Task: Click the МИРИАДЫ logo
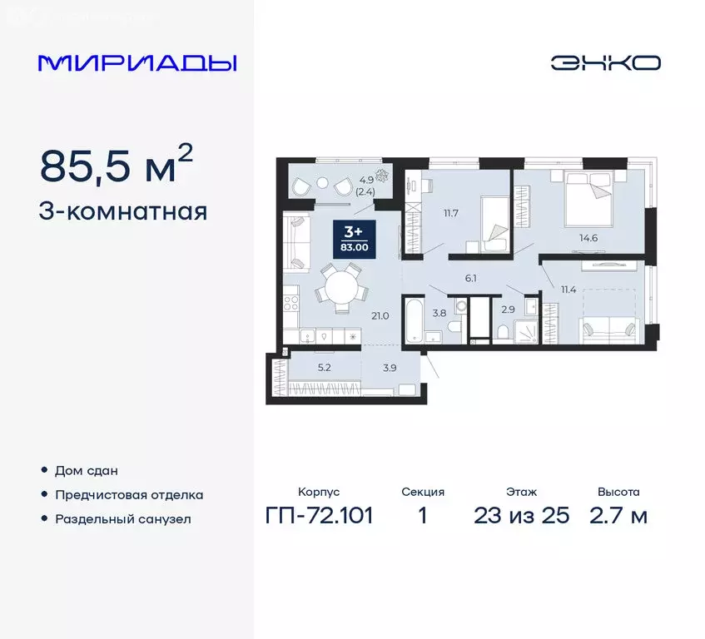[x=137, y=63]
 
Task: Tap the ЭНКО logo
[x=604, y=63]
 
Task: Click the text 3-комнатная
[x=123, y=211]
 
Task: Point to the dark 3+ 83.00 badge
[x=355, y=236]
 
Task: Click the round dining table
[x=342, y=288]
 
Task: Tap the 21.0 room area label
[x=381, y=315]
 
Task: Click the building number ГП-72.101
[x=319, y=515]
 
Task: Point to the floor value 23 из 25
[x=521, y=515]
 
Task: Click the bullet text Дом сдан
[x=81, y=471]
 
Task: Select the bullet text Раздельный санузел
[x=123, y=518]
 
